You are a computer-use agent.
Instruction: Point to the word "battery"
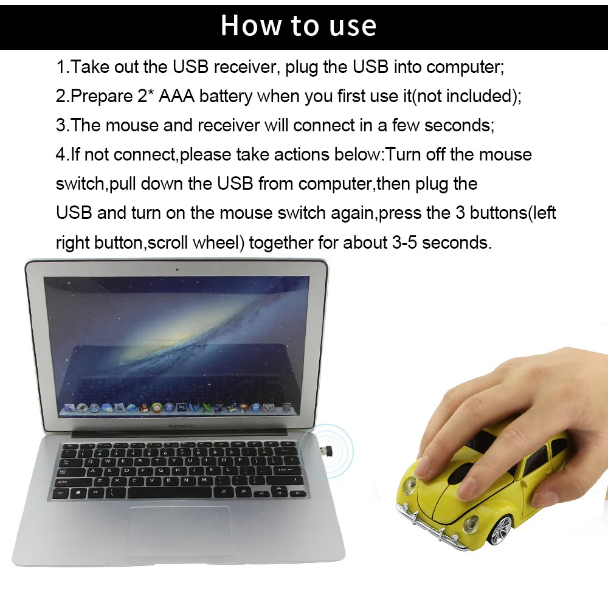(x=226, y=96)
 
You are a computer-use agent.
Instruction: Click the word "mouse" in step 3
(x=134, y=125)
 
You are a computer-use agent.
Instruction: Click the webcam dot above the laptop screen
(x=177, y=268)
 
